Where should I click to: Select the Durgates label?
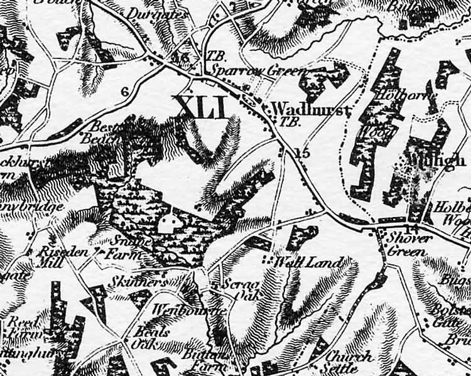(x=149, y=13)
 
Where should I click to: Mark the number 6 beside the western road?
(x=124, y=92)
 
